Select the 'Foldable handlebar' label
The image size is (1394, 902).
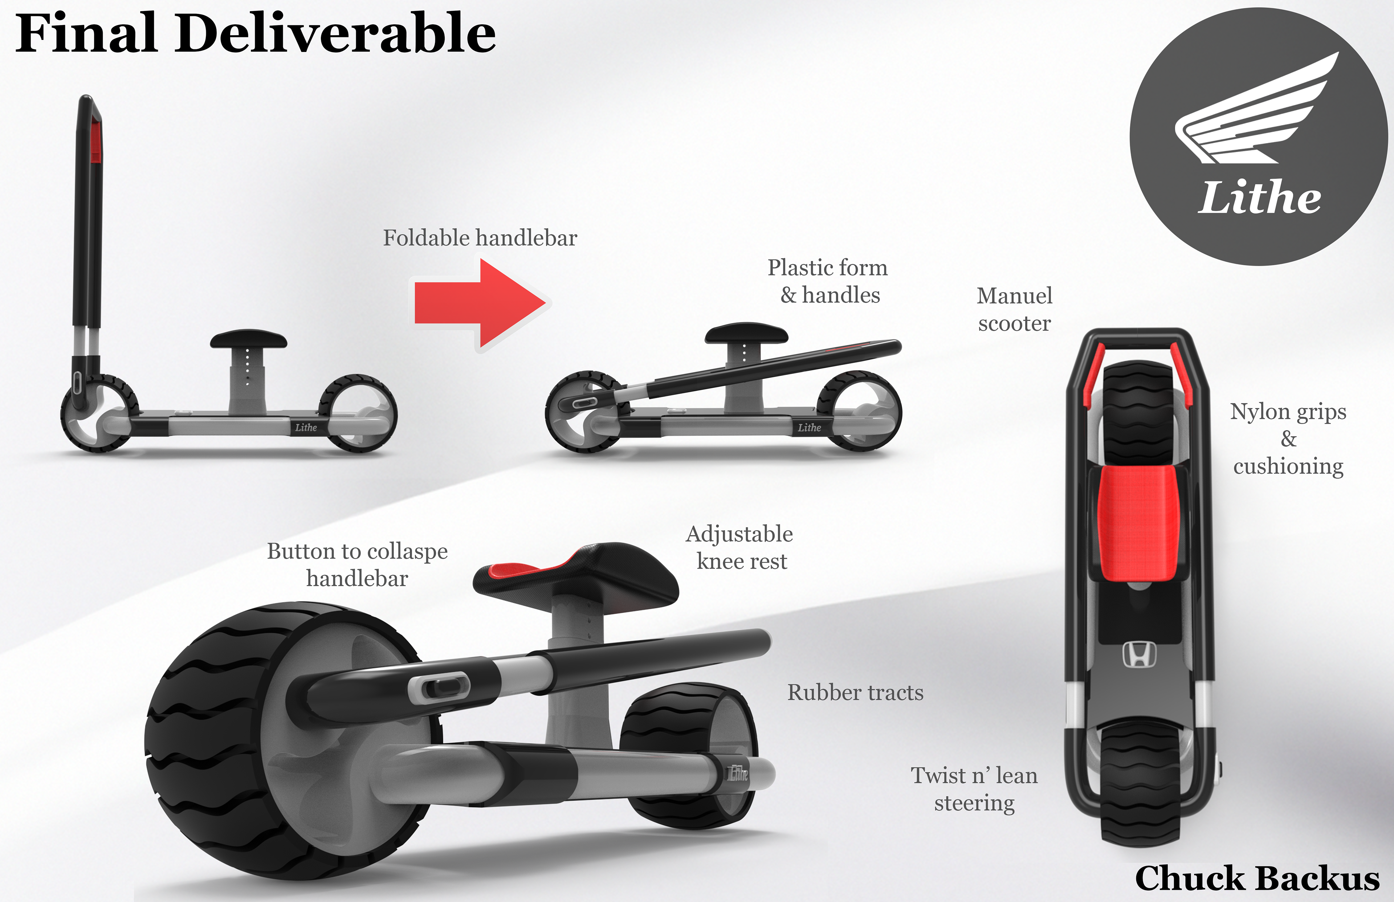tap(480, 238)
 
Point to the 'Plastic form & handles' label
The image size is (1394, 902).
tap(828, 281)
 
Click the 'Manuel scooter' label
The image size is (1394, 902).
tap(1014, 309)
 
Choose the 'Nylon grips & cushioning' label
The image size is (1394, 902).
tap(1288, 439)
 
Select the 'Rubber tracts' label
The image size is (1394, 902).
tap(855, 692)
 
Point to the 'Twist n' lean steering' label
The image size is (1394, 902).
tap(974, 789)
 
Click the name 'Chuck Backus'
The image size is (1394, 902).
tap(1257, 878)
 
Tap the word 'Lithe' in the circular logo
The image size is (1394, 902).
tap(1259, 197)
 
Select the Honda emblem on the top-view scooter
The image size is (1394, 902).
tap(1139, 654)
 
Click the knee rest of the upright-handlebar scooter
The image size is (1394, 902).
tap(248, 339)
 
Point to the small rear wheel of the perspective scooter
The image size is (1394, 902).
tap(688, 756)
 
